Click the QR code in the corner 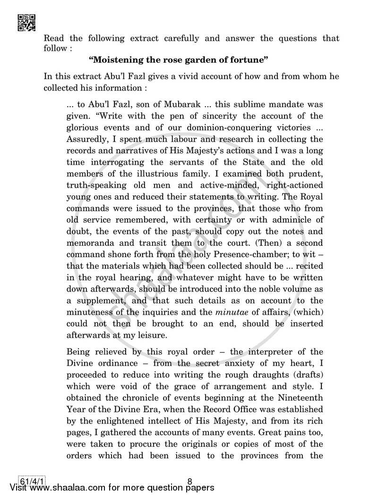tap(26, 22)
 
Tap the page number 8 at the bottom tap(189, 482)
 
